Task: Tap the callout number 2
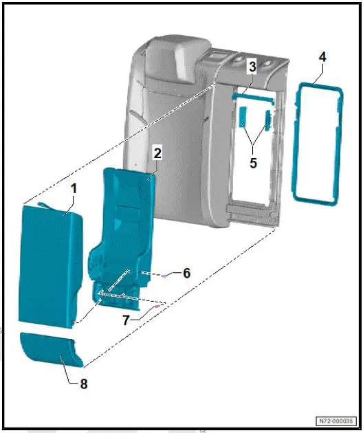pos(157,153)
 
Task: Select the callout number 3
pos(252,67)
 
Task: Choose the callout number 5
pos(254,164)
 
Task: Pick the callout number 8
pos(84,384)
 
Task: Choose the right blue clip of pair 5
pos(269,122)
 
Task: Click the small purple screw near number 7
pos(157,307)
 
